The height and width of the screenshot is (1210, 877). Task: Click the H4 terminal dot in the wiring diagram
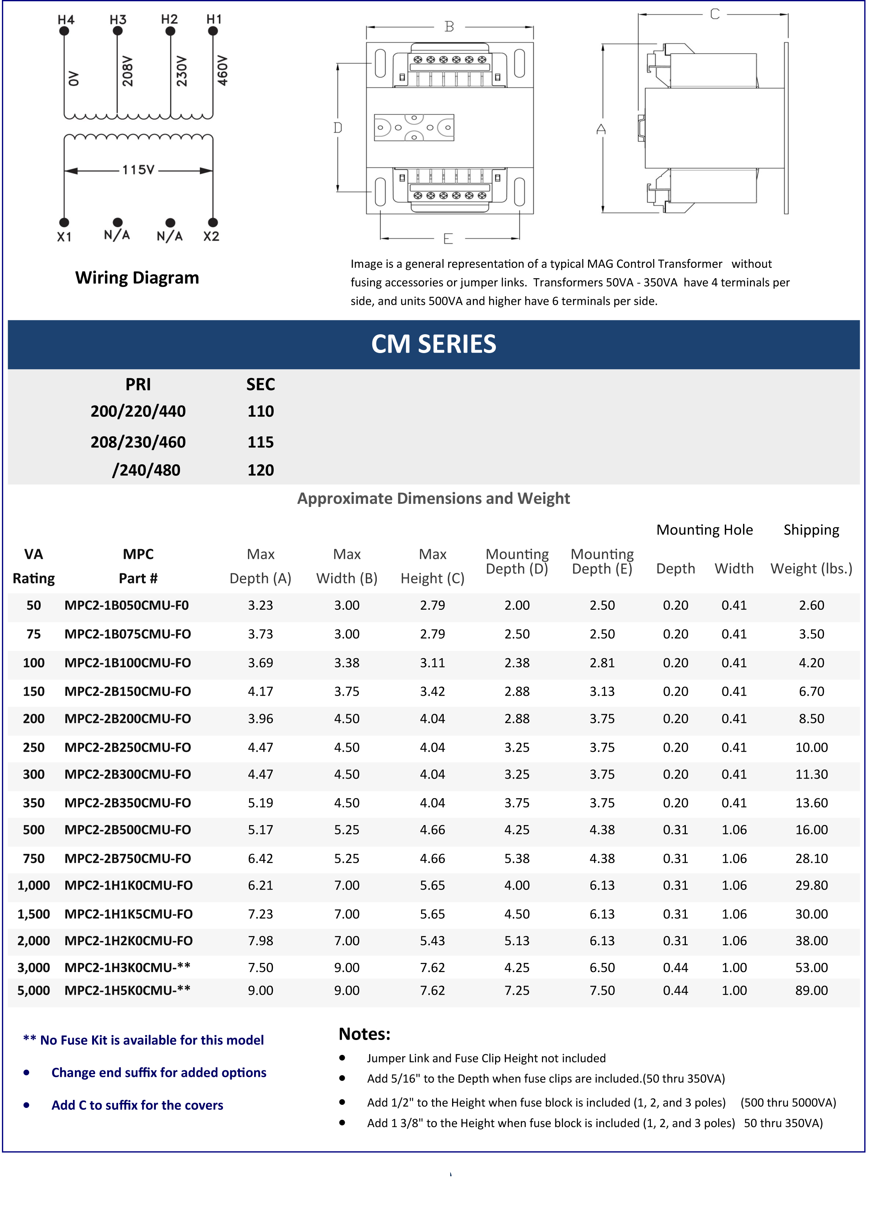(64, 31)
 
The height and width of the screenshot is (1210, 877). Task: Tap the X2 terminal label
(211, 236)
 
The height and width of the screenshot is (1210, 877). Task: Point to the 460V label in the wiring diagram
(223, 71)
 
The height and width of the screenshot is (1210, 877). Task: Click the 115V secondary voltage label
(138, 170)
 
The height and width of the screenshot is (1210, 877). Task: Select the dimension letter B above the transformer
(449, 27)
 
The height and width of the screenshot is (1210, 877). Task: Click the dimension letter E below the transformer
(448, 238)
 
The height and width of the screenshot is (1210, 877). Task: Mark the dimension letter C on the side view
(715, 15)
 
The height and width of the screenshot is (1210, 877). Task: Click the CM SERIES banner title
(434, 344)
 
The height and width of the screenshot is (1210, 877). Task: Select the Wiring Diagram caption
(137, 278)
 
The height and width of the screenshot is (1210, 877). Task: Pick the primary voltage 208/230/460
(138, 442)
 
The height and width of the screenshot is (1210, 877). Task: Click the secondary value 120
(260, 470)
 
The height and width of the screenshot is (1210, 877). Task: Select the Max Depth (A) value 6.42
(260, 858)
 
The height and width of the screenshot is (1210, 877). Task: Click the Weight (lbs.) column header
(811, 569)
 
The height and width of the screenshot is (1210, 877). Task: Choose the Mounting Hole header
(704, 530)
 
